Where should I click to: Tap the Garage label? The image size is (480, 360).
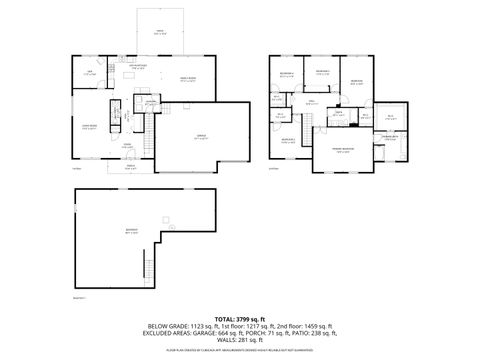coord(200,137)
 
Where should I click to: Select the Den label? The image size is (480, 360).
coord(89,72)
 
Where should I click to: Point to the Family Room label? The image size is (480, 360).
coord(187,79)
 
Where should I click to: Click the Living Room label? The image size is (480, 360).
coord(88,126)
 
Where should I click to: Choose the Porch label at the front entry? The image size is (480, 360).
coord(131,169)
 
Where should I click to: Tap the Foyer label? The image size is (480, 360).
coord(127,146)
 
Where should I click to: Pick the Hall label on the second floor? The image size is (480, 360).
coord(311,102)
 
